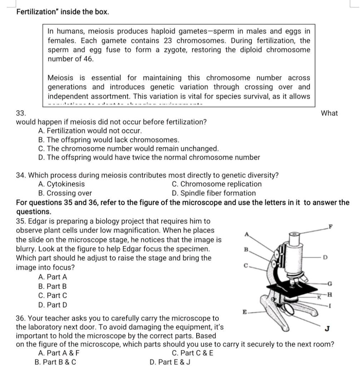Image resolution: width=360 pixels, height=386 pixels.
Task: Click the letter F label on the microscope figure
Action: (331, 226)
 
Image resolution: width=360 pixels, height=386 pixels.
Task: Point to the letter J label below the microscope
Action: (327, 328)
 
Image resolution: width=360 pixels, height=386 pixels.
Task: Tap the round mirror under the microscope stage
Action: (289, 310)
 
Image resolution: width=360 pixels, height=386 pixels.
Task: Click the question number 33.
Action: (21, 113)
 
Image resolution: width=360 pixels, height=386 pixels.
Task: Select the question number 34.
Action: (21, 175)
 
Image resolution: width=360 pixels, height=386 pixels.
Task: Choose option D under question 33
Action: (149, 157)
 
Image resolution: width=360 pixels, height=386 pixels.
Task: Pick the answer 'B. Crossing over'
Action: (65, 193)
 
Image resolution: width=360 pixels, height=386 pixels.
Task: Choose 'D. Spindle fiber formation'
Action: (214, 193)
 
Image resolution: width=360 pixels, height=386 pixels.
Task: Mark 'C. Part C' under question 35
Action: (52, 296)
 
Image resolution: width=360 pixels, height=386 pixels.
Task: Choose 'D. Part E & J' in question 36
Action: (170, 362)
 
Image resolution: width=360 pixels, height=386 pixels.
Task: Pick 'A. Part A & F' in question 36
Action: (59, 353)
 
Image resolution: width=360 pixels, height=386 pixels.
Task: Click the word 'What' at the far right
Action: (329, 113)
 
